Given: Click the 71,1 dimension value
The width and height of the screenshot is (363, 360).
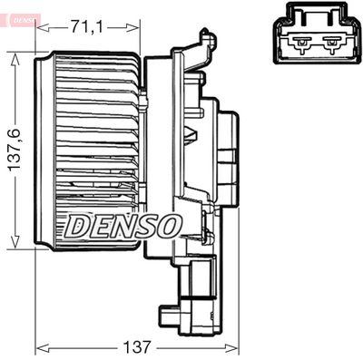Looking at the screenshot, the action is coord(87,27).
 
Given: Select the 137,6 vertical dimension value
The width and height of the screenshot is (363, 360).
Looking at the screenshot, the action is coord(15,151).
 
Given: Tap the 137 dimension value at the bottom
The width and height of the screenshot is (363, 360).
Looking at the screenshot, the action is coord(136,346).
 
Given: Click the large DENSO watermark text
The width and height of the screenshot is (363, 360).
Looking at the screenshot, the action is coord(124,226).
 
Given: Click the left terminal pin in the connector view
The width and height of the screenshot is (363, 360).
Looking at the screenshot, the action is coord(301,44).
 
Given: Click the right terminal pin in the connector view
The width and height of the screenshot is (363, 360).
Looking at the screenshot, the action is coord(332,44).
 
